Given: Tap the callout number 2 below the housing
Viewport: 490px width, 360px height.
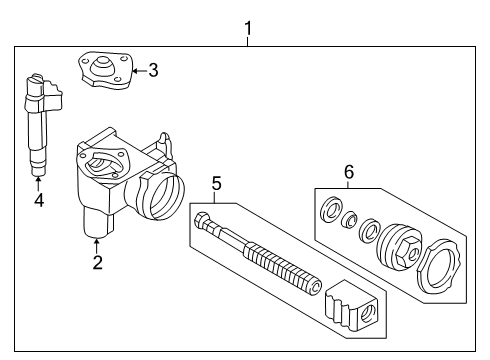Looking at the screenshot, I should click(x=97, y=263).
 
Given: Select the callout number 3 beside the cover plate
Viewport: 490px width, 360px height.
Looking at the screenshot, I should click(x=152, y=70).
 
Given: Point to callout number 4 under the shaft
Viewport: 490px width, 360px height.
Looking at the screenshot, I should click(x=38, y=200).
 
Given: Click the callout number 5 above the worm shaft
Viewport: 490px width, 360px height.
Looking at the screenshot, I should click(x=215, y=184).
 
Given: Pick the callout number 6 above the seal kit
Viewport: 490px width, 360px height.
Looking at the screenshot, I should click(x=348, y=172).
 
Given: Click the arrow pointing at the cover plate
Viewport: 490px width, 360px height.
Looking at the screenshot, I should click(x=138, y=70).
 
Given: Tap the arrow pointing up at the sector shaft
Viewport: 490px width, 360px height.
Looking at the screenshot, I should click(x=38, y=184).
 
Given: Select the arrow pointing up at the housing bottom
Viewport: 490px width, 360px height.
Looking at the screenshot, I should click(x=97, y=244).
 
